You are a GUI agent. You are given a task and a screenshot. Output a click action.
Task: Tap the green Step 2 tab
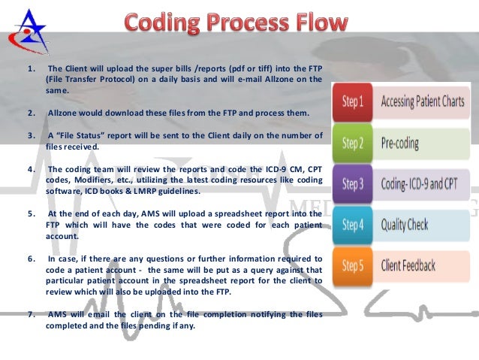pos(353,143)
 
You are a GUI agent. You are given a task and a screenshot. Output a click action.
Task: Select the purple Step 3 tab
pos(353,184)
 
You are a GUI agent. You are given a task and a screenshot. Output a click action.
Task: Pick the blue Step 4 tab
pos(353,225)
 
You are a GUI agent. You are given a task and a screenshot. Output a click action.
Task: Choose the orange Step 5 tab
pos(353,266)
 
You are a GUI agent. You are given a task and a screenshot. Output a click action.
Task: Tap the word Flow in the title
pos(318,23)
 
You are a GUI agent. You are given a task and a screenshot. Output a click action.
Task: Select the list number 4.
pos(31,169)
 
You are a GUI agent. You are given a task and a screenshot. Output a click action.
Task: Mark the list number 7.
pos(31,313)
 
